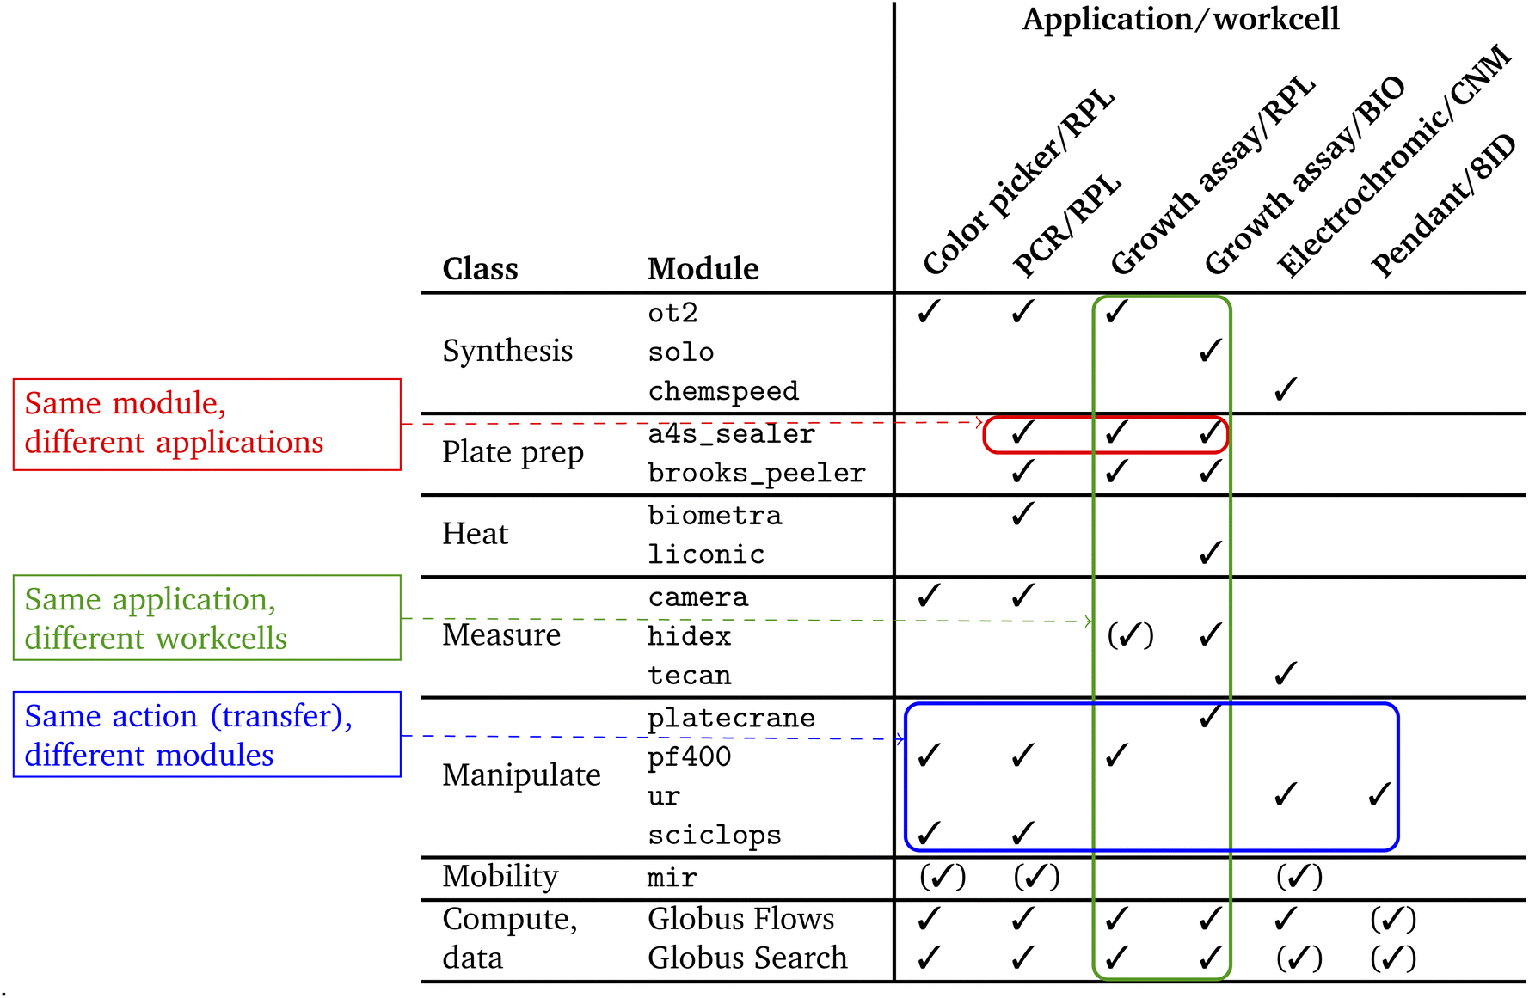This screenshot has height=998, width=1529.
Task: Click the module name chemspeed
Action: click(x=723, y=391)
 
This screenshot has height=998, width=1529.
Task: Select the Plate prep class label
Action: click(x=513, y=452)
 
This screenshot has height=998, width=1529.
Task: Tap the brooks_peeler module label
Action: click(x=756, y=473)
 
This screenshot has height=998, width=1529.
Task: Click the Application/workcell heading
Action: click(x=1180, y=19)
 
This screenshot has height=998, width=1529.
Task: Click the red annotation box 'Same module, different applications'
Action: click(x=206, y=424)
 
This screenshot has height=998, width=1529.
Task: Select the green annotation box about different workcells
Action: click(x=206, y=618)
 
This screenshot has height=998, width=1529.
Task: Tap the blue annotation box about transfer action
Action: click(x=206, y=735)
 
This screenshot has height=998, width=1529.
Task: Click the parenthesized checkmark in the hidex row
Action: click(x=1130, y=635)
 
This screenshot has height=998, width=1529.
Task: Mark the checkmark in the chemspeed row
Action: click(x=1285, y=390)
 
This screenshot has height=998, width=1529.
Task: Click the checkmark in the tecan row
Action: click(x=1285, y=674)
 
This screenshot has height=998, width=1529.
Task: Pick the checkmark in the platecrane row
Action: click(x=1210, y=716)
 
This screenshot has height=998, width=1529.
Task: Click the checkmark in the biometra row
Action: click(x=1022, y=514)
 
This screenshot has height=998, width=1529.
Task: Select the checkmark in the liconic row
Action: click(x=1210, y=553)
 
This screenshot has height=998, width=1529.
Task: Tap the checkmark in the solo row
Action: click(x=1210, y=351)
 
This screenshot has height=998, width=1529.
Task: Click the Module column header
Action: click(x=703, y=269)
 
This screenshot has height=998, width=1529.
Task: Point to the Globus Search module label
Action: click(x=746, y=958)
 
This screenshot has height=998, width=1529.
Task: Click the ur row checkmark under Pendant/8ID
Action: click(x=1379, y=795)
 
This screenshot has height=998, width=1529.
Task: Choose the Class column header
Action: click(x=480, y=269)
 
